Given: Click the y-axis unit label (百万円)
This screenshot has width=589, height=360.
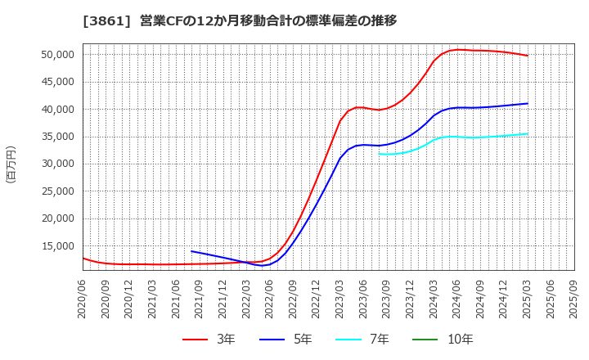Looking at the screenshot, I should tap(11, 164).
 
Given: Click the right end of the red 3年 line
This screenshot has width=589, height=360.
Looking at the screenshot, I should tap(528, 56).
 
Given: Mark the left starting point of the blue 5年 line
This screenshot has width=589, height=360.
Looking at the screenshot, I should tap(191, 251).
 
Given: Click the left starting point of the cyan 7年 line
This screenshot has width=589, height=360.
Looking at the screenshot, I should tap(379, 154).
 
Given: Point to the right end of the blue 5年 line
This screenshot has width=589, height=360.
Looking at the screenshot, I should tap(528, 103).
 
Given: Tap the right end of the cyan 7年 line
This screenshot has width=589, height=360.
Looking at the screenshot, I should tap(528, 134).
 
